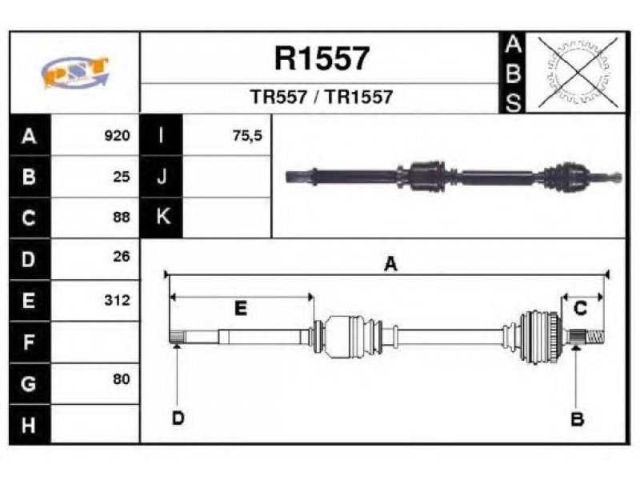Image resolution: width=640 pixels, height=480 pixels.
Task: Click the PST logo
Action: point(75,72)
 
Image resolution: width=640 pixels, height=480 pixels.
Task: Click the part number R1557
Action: point(322,58)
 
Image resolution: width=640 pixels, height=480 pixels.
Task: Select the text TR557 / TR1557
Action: point(322,97)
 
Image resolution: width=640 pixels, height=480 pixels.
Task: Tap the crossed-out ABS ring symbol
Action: point(578,72)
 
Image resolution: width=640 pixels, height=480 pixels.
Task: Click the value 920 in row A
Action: point(117,135)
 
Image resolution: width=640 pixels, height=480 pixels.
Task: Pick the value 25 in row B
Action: point(122,177)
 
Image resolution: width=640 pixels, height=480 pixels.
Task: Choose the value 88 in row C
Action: point(122,217)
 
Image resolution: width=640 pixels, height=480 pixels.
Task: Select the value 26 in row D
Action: point(122,256)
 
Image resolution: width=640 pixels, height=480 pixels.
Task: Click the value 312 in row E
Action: point(117,300)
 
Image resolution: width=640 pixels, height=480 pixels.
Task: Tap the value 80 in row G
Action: point(122,378)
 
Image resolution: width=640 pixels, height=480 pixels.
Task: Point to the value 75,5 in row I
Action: point(247,135)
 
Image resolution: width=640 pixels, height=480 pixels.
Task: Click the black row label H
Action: point(30,425)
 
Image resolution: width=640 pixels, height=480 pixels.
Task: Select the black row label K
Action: point(162,217)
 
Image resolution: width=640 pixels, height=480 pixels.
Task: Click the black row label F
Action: point(30,342)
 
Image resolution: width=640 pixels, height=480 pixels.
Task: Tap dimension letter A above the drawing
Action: point(390,264)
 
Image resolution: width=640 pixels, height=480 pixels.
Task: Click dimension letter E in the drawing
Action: point(241,308)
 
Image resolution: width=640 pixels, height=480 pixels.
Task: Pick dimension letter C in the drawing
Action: point(580,308)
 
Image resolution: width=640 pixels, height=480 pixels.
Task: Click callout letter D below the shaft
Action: point(178,418)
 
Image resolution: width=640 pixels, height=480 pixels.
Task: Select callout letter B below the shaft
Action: point(577,418)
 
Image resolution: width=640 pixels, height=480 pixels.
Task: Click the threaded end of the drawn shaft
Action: point(595,337)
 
